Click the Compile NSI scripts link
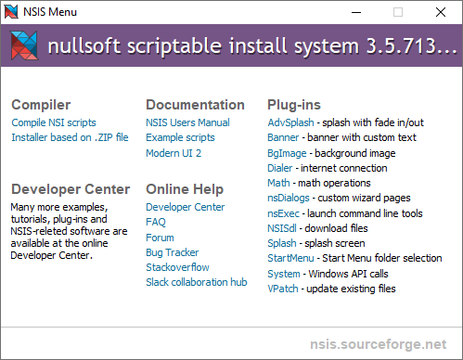[x=54, y=122]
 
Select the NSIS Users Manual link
[x=187, y=122]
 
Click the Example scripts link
[x=180, y=137]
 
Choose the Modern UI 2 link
[x=174, y=153]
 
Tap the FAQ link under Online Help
[x=156, y=223]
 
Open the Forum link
[x=160, y=238]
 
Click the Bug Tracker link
[x=172, y=252]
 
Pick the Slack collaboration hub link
[x=196, y=282]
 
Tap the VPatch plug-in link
[x=283, y=289]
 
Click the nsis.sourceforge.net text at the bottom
[x=380, y=344]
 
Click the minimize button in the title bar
[x=354, y=12]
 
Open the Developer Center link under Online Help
[x=185, y=207]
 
